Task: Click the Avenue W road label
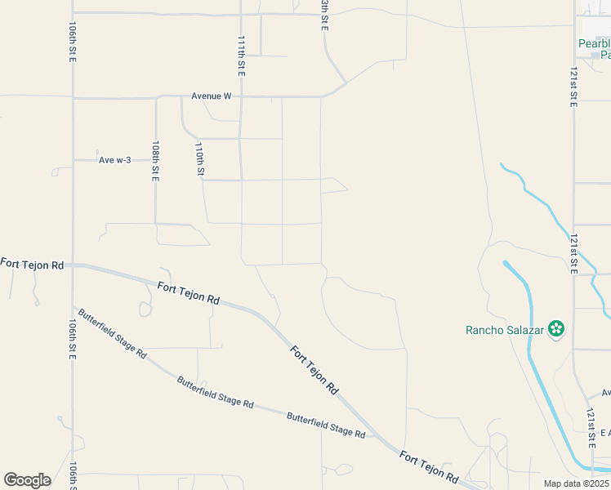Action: (x=212, y=96)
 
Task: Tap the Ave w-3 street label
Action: (x=114, y=160)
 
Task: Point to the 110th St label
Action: (x=199, y=160)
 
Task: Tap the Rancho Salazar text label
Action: (x=505, y=330)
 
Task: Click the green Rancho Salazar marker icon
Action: (x=556, y=329)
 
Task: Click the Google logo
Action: (x=27, y=479)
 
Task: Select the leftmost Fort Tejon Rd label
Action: (x=32, y=264)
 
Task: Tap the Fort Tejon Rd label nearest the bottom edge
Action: (x=429, y=465)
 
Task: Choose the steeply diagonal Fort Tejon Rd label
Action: (x=314, y=370)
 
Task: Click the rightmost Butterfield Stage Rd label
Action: (x=326, y=425)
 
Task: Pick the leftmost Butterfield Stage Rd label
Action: (x=111, y=333)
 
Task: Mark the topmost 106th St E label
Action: (x=73, y=41)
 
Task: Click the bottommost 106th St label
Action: (x=73, y=475)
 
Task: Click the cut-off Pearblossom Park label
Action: (x=594, y=49)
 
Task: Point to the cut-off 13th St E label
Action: (x=324, y=16)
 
